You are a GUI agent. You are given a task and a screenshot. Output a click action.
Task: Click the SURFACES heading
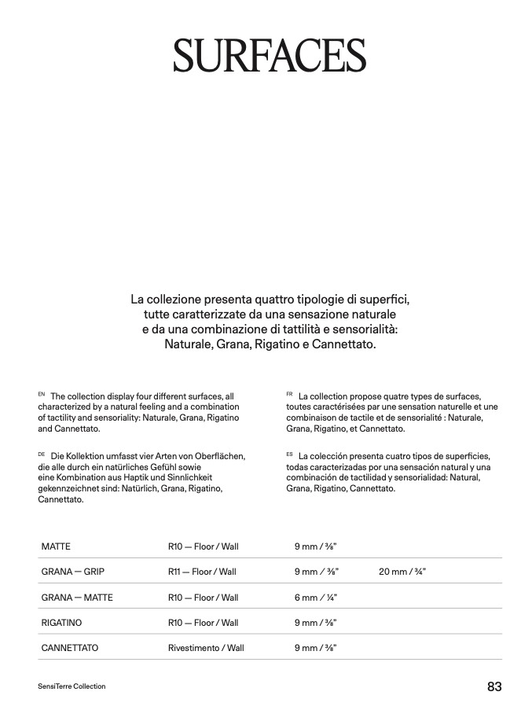pos(270,55)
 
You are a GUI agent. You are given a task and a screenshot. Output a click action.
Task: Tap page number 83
pos(494,686)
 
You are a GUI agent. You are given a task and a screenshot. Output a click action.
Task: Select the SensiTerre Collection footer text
pos(72,686)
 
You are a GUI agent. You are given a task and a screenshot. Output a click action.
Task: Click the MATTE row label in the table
pos(56,546)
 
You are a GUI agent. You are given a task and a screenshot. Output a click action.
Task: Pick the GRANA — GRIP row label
pos(73,572)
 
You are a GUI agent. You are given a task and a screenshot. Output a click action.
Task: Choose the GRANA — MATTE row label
pos(77,598)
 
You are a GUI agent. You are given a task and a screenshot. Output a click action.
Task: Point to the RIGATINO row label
pos(62,623)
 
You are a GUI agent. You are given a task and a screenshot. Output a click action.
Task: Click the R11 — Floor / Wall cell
pos(202,572)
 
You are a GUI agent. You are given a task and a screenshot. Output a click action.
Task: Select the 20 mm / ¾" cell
pos(402,572)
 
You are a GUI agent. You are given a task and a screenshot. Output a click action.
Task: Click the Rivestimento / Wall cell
pos(206,649)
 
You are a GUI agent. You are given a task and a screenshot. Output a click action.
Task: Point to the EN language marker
pos(42,393)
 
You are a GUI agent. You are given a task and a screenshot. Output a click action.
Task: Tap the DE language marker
pos(42,454)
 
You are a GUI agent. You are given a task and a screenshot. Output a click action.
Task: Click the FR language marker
pos(290,393)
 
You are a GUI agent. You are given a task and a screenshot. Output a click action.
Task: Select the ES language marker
pos(290,454)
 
